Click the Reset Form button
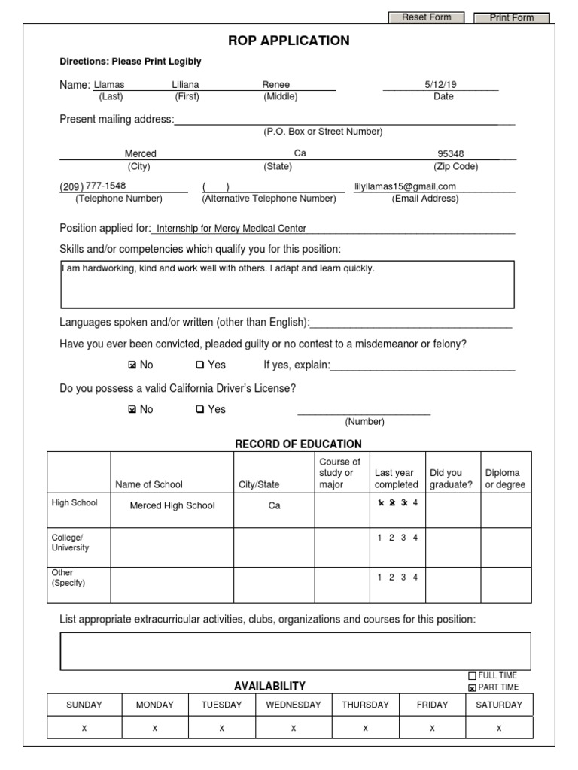click(426, 17)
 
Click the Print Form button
click(511, 18)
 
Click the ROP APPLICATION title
click(288, 41)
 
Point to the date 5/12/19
click(440, 85)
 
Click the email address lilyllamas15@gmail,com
click(405, 186)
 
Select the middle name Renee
click(275, 85)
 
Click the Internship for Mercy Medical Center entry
click(231, 229)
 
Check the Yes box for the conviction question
click(200, 365)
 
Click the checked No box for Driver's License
click(132, 410)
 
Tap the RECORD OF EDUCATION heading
click(298, 444)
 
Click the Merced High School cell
click(172, 505)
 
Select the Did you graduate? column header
click(451, 479)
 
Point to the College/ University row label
click(70, 543)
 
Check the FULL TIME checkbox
click(473, 676)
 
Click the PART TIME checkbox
click(473, 687)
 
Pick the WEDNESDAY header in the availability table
click(293, 705)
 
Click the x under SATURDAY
click(499, 729)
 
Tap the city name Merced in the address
click(141, 153)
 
